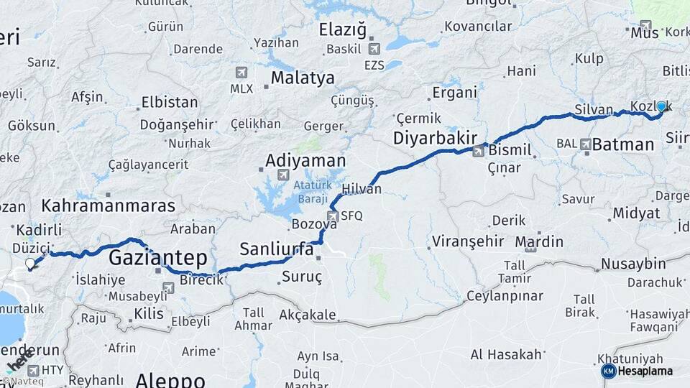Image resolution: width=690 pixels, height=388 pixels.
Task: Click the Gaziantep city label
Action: [x=157, y=258]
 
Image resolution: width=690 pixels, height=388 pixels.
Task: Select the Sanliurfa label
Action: [x=276, y=249]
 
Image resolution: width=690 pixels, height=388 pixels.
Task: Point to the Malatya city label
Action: [x=303, y=78]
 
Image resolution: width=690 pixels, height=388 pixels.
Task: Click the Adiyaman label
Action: [x=305, y=160]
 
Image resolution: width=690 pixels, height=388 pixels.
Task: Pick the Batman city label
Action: [x=623, y=144]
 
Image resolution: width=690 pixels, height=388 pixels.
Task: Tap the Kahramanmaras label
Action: [x=108, y=206]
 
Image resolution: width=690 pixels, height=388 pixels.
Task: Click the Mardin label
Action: [x=539, y=241]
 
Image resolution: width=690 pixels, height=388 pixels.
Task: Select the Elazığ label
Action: [x=344, y=30]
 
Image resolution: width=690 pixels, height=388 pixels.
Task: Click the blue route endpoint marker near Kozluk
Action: [x=661, y=106]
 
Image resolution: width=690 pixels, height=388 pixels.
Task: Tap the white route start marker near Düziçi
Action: [x=30, y=264]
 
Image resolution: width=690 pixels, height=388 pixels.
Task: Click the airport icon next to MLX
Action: [x=241, y=73]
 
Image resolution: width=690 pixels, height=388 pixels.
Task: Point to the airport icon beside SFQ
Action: [x=333, y=216]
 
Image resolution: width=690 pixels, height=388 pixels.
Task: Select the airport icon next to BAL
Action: [x=586, y=144]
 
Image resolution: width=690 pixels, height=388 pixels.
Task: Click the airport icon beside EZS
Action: [x=373, y=49]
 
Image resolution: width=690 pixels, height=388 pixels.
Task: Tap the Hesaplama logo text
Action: [x=645, y=371]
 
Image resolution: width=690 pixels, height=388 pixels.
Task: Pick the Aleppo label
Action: [x=170, y=379]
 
